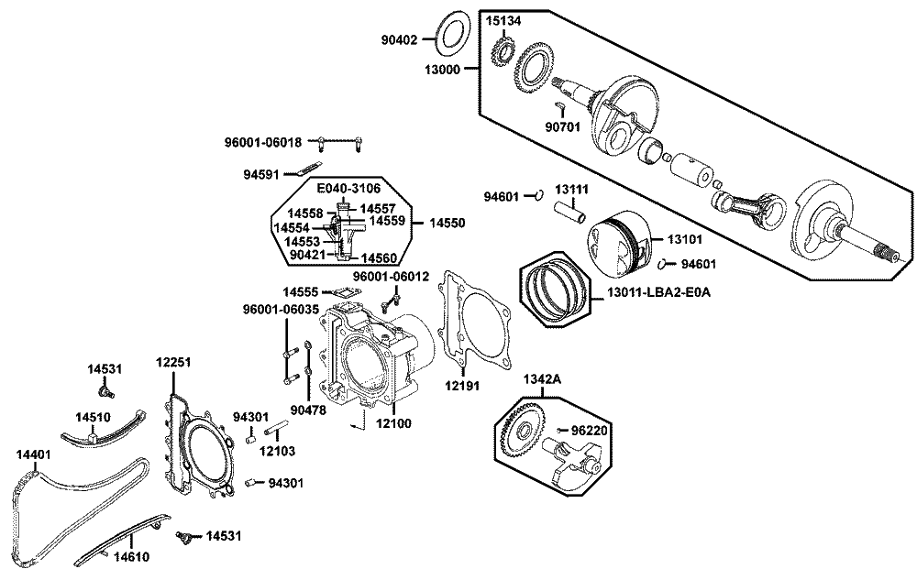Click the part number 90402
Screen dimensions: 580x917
point(399,39)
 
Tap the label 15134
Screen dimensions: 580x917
point(503,20)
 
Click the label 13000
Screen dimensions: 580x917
point(443,69)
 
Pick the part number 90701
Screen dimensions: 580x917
point(562,126)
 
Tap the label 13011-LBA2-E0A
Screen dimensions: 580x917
point(659,293)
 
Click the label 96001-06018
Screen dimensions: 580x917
point(262,142)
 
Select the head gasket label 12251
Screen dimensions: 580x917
point(172,362)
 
